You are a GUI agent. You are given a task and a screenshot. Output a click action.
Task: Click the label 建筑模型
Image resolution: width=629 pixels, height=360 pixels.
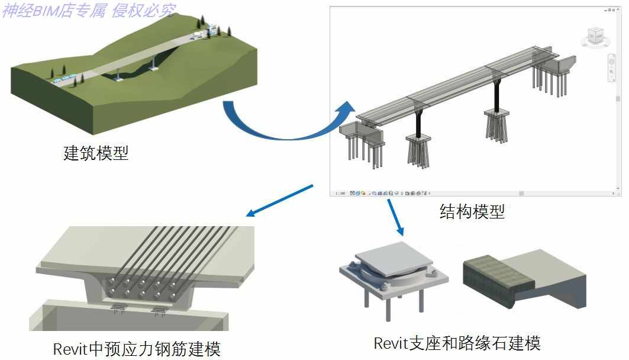pos(96,154)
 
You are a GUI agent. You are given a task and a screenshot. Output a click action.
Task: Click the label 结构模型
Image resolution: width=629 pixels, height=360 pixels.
pos(472,211)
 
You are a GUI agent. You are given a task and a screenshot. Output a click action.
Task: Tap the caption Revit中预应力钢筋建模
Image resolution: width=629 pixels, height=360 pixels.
pos(137,349)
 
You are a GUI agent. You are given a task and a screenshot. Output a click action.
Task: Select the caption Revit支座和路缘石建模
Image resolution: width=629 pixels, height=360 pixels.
pos(457,343)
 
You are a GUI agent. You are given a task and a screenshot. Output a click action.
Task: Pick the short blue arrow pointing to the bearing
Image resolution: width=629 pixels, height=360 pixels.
pos(395,216)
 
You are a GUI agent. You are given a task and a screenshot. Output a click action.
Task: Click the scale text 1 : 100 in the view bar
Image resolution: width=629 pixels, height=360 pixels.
pos(340,193)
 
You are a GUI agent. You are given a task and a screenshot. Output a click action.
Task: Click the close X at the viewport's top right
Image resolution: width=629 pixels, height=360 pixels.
pos(617,9)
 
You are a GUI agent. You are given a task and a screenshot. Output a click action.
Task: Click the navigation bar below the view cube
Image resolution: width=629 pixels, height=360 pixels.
pos(611,67)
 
